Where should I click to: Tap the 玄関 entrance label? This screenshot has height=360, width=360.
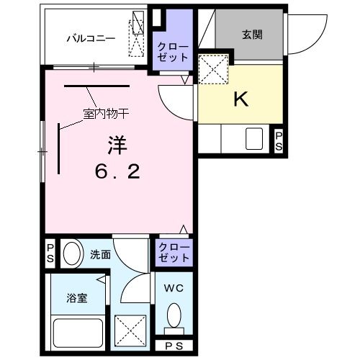252,35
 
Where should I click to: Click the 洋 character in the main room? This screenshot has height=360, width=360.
117,145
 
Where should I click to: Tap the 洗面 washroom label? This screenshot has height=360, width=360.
99,254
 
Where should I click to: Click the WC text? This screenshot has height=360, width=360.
172,289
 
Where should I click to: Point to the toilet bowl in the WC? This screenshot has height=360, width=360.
174,315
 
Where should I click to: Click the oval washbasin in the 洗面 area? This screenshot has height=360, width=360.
71,254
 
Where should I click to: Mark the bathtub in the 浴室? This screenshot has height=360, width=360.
76,333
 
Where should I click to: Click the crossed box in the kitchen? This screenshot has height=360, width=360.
213,70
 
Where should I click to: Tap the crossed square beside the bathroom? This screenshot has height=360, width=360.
130,330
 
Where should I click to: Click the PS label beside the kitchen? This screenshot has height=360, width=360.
279,140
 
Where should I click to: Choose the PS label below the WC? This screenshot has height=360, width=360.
174,346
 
